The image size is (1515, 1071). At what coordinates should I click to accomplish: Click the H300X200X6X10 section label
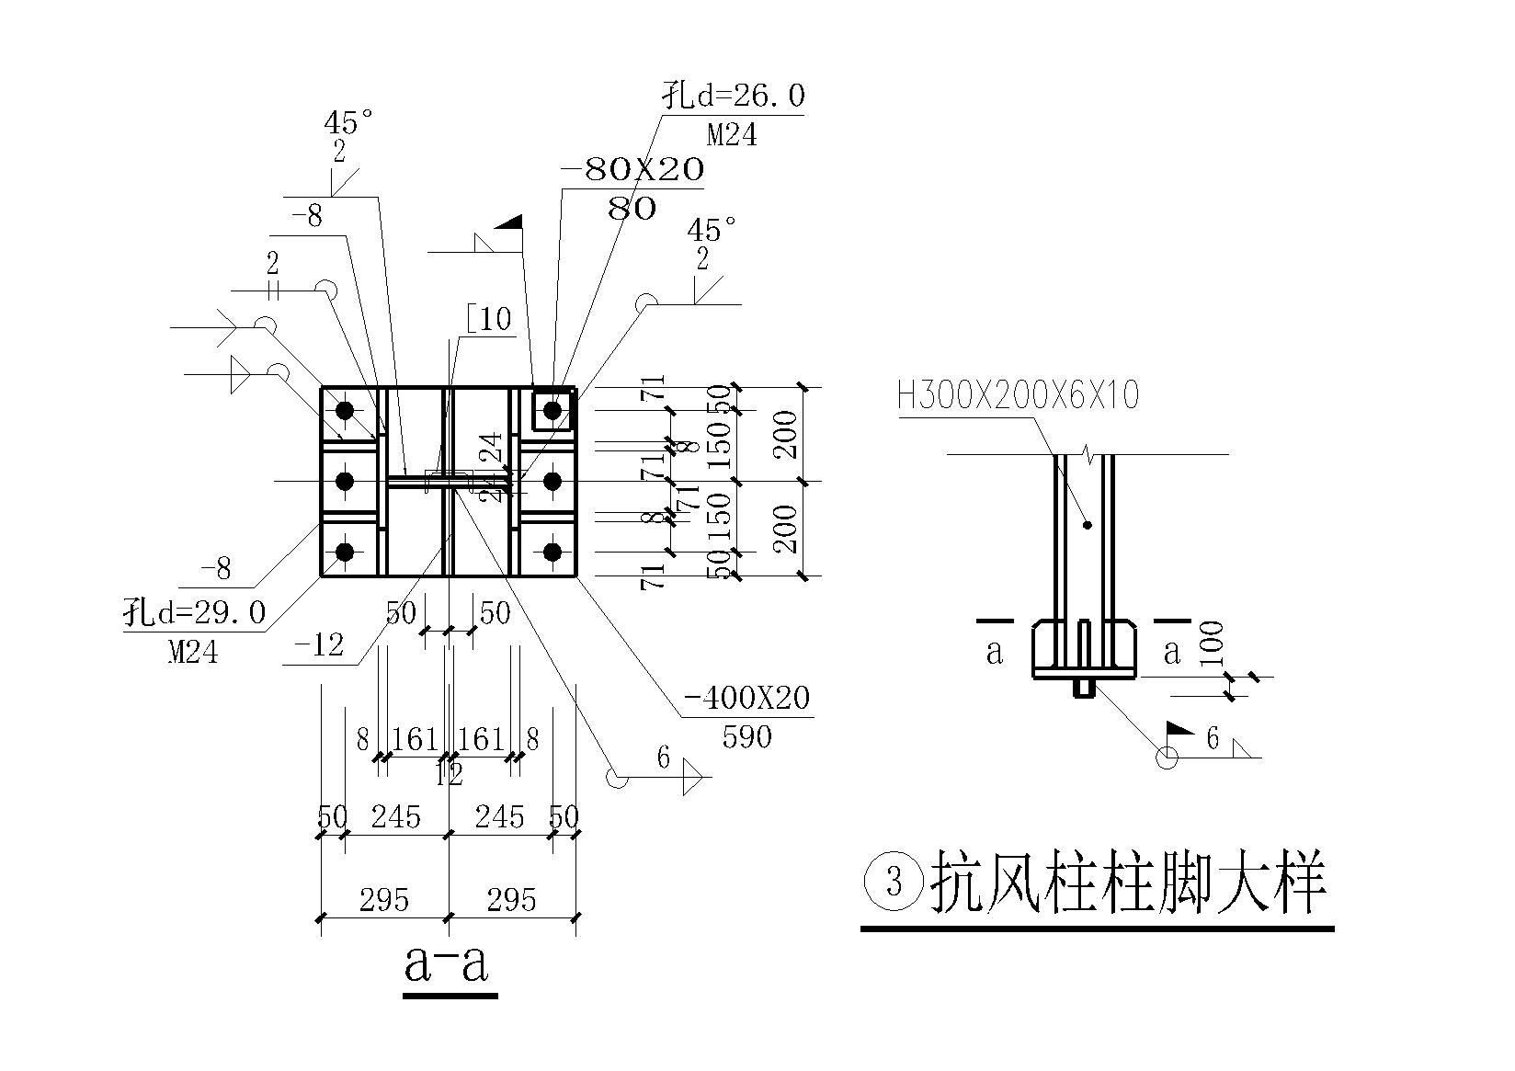[1018, 396]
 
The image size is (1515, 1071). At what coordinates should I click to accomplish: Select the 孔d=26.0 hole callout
[735, 96]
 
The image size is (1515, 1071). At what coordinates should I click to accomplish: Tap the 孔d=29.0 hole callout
[195, 611]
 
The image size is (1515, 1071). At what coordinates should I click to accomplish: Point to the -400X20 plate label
[746, 699]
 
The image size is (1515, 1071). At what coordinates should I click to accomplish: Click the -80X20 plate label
[632, 169]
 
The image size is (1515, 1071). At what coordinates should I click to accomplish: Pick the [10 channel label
[489, 320]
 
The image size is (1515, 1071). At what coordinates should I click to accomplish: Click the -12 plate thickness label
[319, 645]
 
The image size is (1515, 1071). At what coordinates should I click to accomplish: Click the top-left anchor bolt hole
[345, 410]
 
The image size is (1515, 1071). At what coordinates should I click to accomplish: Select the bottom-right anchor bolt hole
[552, 552]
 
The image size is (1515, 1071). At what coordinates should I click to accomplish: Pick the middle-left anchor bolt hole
[345, 481]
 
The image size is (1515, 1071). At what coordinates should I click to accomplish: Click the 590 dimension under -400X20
[746, 736]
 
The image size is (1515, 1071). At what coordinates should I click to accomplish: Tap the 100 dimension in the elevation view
[1213, 644]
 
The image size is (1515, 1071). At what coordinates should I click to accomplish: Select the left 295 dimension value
[383, 899]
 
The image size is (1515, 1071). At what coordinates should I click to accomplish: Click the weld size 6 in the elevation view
[1213, 738]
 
